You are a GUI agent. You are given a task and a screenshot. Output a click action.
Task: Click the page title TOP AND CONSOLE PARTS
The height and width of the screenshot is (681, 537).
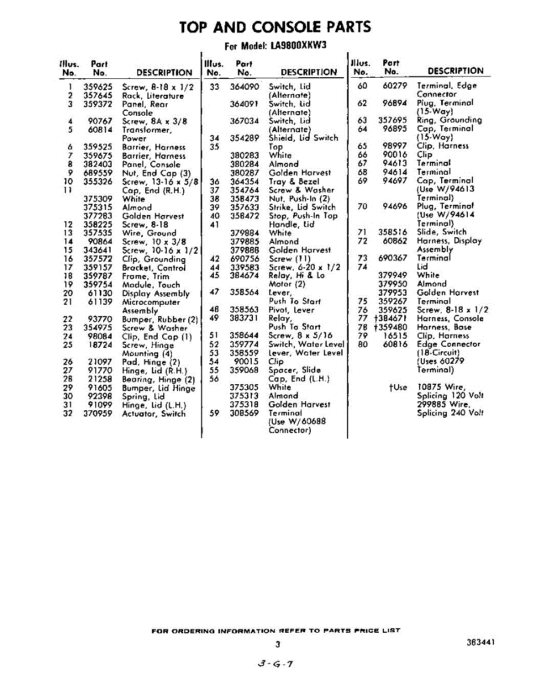coord(275,27)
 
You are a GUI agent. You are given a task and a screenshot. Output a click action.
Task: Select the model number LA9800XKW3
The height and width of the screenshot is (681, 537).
coord(299,46)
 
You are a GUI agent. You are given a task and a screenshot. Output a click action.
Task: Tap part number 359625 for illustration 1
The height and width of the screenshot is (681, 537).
coord(98,87)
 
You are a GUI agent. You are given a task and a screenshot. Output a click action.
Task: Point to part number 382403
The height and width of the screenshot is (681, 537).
coord(98,165)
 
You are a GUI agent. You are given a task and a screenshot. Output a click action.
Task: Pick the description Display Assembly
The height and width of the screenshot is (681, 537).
coord(156,293)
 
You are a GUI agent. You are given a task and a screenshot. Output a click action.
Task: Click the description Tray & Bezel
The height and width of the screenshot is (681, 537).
coord(294,182)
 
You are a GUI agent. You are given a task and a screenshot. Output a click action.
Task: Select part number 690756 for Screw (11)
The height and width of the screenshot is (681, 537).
coord(244,259)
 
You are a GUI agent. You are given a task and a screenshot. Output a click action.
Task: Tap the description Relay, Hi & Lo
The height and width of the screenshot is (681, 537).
coord(297,275)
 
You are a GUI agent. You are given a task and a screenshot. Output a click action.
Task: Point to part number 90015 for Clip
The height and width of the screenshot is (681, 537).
coord(247,361)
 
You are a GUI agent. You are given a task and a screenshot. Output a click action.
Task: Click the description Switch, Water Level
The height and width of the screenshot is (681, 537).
coord(306,344)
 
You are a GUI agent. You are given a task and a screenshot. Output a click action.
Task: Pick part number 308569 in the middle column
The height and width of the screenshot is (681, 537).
coord(244,413)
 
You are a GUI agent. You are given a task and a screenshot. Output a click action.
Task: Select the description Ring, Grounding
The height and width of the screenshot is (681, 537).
coord(449,120)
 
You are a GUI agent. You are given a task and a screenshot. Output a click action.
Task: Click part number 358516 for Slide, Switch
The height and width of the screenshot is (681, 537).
coord(392,232)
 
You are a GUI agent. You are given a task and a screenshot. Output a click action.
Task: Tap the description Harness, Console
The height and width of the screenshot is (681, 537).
coord(450,318)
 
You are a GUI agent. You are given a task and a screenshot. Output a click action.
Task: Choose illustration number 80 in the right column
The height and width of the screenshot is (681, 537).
coord(363,344)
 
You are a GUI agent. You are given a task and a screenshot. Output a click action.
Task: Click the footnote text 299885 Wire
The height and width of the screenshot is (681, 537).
coord(444,404)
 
